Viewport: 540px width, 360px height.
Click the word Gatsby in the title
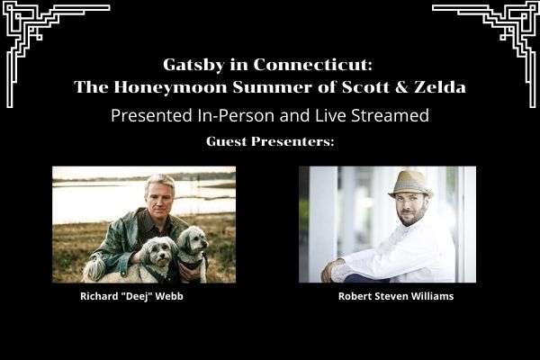(193, 65)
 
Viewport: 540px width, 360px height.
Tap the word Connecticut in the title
(313, 65)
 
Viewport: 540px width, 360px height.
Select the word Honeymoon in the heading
(170, 86)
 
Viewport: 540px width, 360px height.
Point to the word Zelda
(440, 86)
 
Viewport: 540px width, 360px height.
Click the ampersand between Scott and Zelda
(401, 86)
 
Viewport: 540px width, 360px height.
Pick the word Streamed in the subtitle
(391, 115)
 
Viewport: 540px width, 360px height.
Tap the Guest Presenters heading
(270, 141)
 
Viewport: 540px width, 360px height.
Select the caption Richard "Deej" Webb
(131, 296)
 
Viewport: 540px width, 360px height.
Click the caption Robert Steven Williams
(396, 296)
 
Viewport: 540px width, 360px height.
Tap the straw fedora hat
(410, 184)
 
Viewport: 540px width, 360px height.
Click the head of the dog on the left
(157, 252)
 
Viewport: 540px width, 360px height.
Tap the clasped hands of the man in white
(331, 269)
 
